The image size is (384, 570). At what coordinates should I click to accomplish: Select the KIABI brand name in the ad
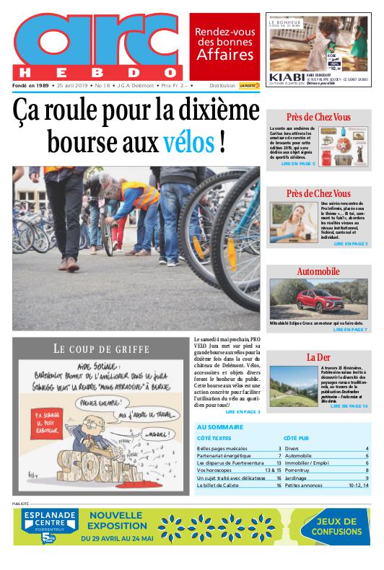[x=281, y=76]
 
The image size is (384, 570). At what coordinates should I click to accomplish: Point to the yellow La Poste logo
[x=249, y=85]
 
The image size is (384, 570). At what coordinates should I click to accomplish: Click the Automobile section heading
[x=318, y=271]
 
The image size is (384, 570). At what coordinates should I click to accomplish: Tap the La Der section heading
[x=318, y=357]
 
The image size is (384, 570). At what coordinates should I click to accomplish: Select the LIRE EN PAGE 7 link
[x=350, y=330]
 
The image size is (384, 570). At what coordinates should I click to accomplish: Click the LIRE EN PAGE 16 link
[x=349, y=407]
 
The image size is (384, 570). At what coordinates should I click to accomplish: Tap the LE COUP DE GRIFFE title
[x=101, y=348]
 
